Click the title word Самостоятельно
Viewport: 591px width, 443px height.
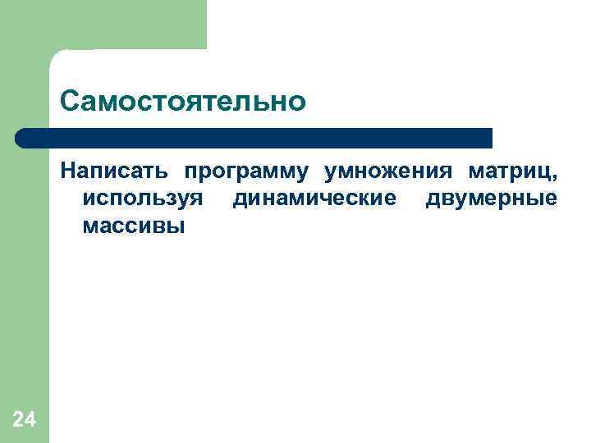click(182, 102)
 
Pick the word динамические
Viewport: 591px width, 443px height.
click(314, 199)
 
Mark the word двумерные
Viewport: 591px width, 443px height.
click(491, 199)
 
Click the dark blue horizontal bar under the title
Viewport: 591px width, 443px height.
click(254, 138)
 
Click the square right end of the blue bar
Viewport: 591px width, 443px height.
click(488, 138)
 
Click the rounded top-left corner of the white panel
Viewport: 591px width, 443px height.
click(57, 56)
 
